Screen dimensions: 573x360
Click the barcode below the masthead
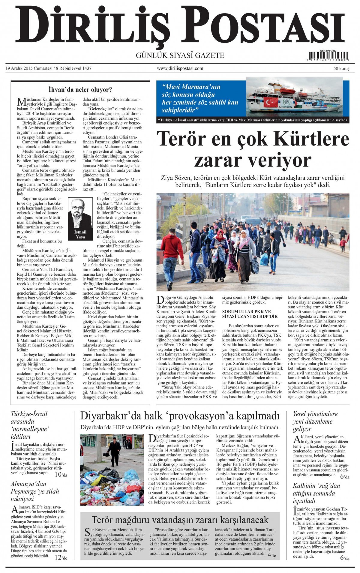pos(329,56)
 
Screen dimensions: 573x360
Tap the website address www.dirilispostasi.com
pos(180,68)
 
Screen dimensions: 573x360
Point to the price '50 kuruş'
pos(341,69)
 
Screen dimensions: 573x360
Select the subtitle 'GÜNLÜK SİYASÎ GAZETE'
pos(180,55)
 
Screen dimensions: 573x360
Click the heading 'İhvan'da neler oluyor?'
pos(80,89)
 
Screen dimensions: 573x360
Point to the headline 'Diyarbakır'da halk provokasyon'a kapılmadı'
pos(180,416)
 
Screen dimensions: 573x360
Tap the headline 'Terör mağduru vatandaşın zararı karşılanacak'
pos(180,519)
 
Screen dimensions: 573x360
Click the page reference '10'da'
pos(61,475)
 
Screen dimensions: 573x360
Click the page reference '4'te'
pos(272,555)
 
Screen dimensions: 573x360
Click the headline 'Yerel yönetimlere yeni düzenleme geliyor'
pos(315,421)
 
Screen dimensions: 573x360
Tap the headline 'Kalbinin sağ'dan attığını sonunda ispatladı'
pos(316,493)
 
